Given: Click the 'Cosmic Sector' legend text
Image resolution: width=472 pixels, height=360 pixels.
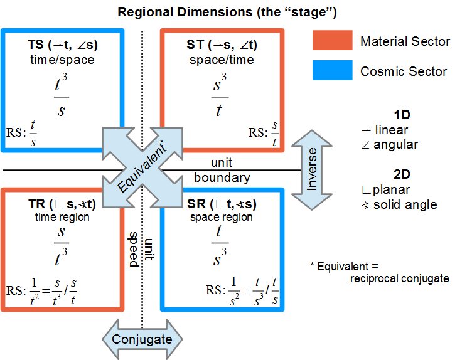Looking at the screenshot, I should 404,71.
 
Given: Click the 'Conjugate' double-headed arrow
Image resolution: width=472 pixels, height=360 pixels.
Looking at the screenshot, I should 142,339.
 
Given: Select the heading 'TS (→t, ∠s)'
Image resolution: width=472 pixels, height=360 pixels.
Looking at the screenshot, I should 63,45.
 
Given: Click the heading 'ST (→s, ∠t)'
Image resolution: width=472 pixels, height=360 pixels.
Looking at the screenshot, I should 223,45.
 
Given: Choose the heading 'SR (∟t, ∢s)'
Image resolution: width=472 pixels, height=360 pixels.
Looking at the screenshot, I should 222,204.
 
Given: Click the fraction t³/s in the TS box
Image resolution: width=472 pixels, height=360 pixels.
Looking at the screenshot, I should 62,97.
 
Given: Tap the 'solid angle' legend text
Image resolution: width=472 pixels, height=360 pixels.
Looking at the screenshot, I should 407,204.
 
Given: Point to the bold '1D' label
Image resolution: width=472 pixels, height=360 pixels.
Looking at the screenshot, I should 402,115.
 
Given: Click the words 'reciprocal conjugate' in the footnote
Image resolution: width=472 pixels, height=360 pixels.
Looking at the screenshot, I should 400,278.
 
